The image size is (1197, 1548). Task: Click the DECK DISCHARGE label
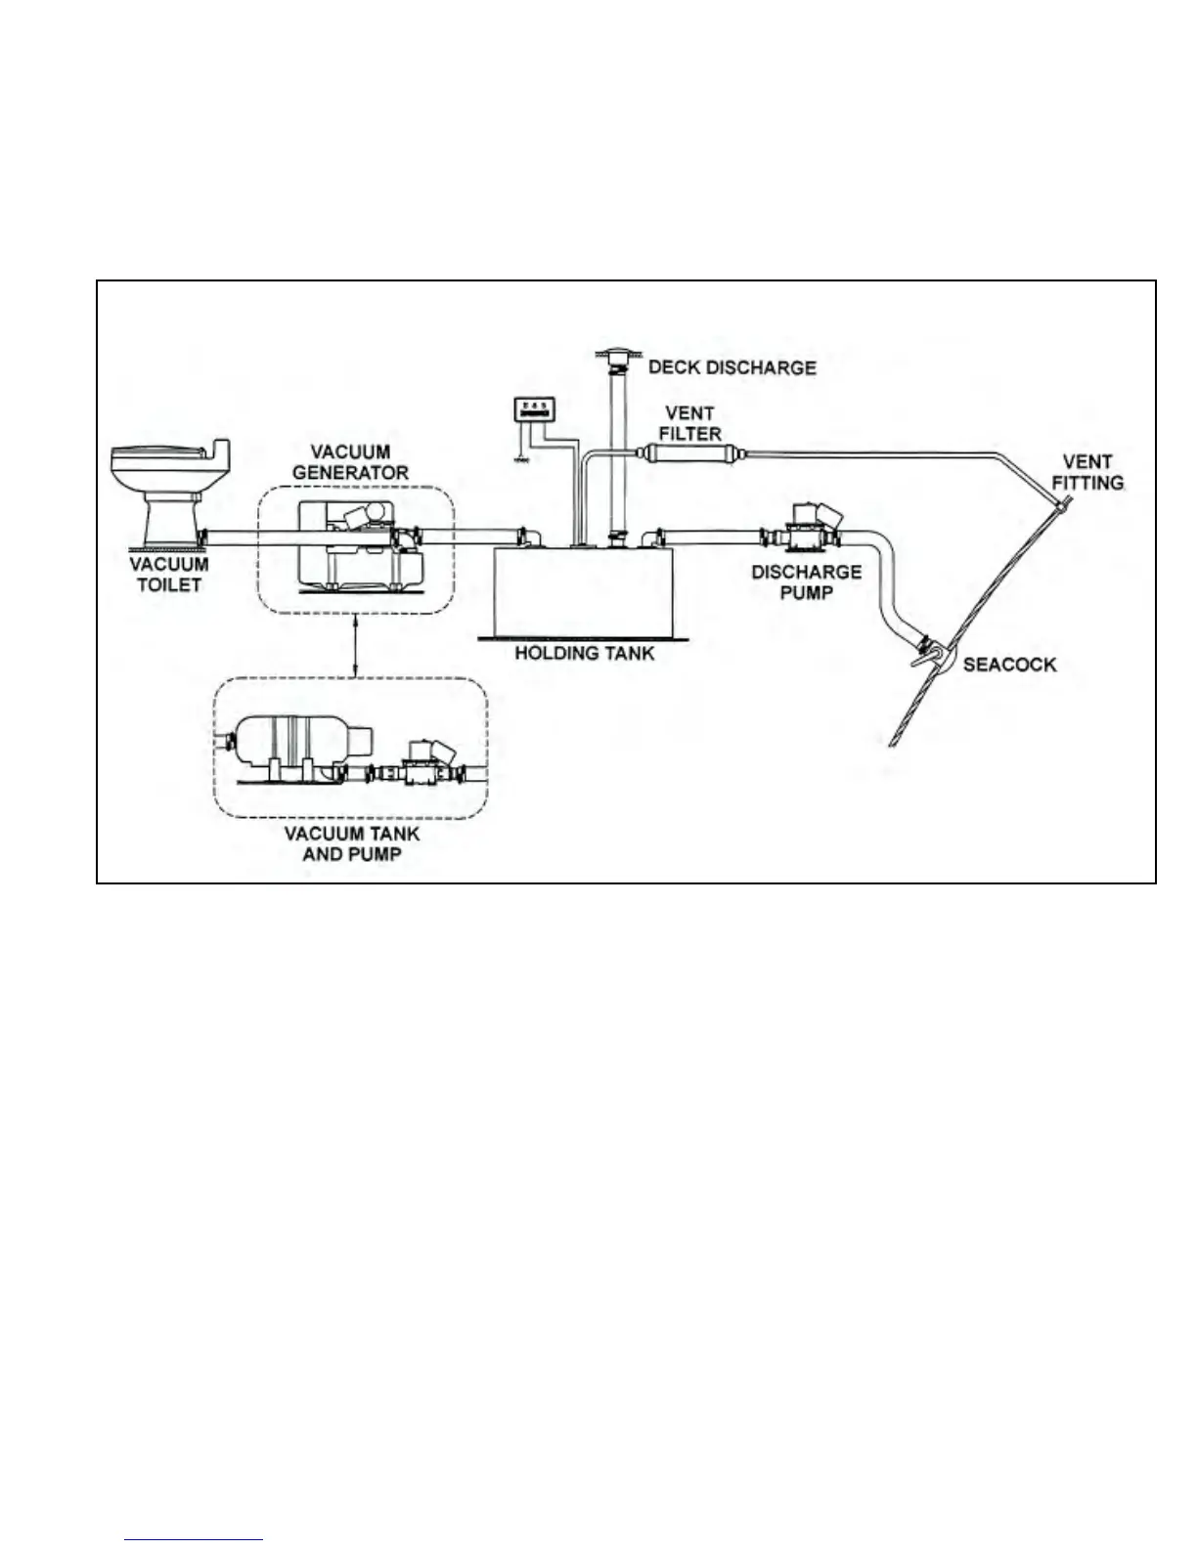[731, 367]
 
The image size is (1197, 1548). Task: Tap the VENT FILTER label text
[689, 422]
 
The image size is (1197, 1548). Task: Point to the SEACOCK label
[1009, 665]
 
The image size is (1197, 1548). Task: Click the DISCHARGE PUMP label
[806, 581]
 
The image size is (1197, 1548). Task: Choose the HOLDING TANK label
[585, 653]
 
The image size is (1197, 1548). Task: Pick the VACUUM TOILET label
[169, 574]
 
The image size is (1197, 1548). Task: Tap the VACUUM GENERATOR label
[350, 461]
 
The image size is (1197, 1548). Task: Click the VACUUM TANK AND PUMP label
[352, 843]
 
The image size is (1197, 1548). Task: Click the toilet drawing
[168, 489]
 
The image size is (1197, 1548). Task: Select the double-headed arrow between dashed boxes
[354, 645]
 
